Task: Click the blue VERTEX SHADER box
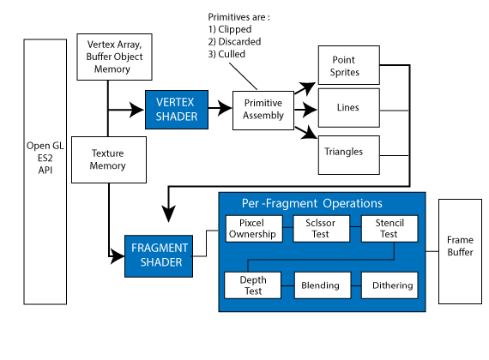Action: click(177, 110)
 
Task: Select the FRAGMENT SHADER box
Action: click(159, 256)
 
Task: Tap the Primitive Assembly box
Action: click(263, 111)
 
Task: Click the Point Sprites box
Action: click(349, 65)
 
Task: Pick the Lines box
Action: click(349, 108)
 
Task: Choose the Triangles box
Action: click(349, 155)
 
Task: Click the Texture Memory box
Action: click(109, 159)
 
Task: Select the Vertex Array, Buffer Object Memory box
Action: click(114, 57)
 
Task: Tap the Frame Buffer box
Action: click(460, 251)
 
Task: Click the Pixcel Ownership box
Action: click(254, 229)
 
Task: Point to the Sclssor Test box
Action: click(322, 229)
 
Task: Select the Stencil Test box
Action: click(389, 229)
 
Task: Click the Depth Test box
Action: click(252, 285)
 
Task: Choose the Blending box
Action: click(323, 285)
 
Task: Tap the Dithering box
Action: click(389, 285)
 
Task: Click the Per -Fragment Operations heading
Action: click(312, 203)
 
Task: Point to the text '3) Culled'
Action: click(226, 54)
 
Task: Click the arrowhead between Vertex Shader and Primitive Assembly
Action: click(225, 108)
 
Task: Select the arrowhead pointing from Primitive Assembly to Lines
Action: click(310, 110)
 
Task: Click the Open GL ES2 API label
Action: click(45, 158)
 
